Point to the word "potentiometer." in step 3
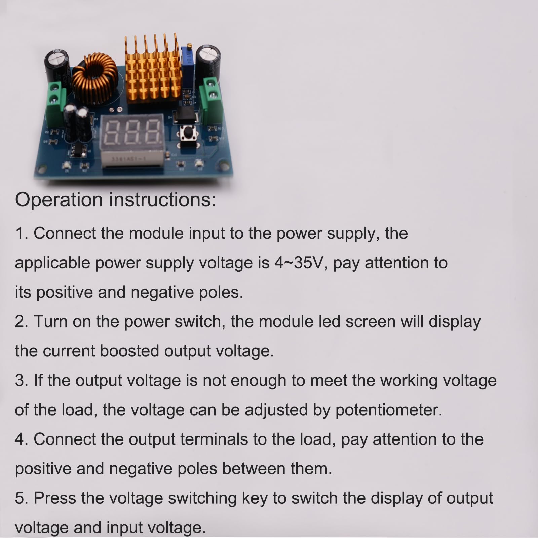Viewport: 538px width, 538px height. pyautogui.click(x=389, y=410)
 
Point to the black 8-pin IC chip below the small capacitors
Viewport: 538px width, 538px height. pyautogui.click(x=79, y=151)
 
